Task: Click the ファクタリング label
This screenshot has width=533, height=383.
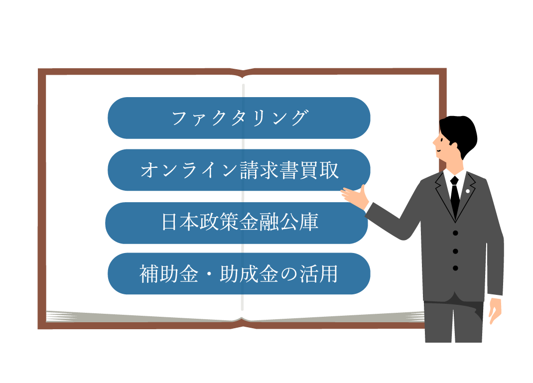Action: click(x=239, y=118)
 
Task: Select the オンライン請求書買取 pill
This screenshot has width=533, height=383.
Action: click(x=239, y=170)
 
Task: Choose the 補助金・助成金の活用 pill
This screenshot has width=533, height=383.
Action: click(x=239, y=274)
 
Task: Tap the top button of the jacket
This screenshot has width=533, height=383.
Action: click(x=455, y=233)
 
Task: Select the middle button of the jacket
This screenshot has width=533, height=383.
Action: click(x=455, y=251)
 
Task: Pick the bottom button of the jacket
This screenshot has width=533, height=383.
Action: click(x=455, y=268)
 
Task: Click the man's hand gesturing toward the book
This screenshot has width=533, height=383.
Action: click(x=355, y=195)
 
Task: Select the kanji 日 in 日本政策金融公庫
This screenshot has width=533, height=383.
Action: click(x=170, y=223)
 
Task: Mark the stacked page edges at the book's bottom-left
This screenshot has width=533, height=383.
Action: click(x=70, y=316)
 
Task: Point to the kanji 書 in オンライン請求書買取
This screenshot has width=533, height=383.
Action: click(x=289, y=170)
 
